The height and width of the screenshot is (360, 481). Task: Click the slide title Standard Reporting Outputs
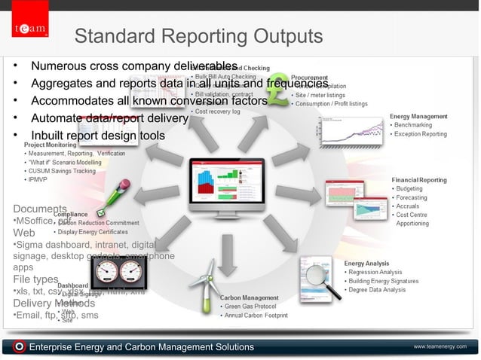coord(199,36)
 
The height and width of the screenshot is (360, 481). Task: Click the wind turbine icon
coord(206,285)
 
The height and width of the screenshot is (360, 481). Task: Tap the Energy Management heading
coord(418,117)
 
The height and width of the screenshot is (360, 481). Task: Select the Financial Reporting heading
coord(418,180)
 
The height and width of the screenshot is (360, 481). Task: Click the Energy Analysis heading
coord(367,263)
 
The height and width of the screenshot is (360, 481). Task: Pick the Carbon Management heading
coord(250,297)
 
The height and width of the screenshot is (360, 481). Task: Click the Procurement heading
coord(309,77)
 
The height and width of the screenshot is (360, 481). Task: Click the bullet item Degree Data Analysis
coord(378,289)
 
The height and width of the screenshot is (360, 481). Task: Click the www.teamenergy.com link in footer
coord(440,346)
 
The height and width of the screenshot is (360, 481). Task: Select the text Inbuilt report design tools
coord(97,136)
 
